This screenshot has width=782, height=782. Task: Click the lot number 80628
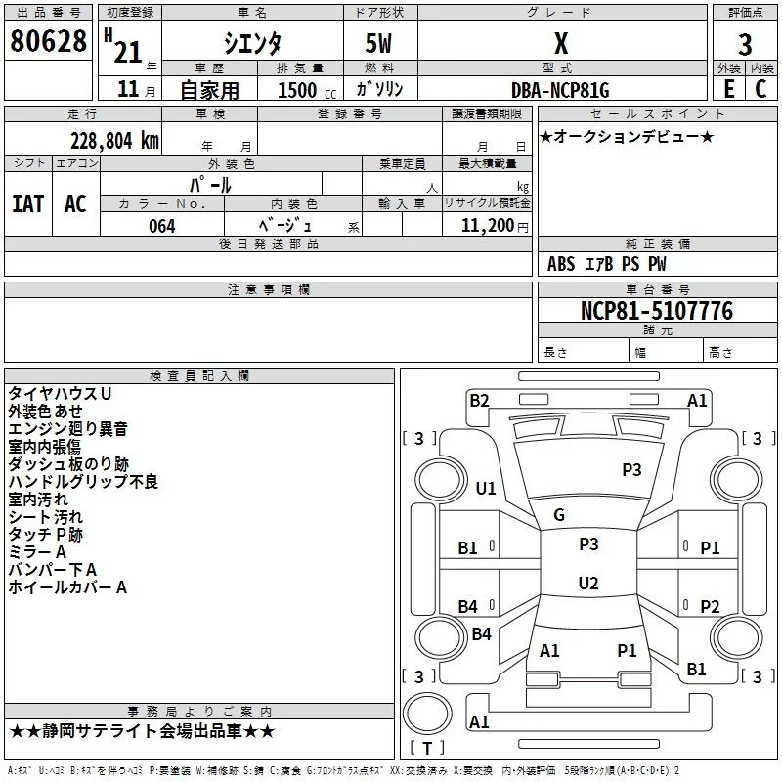point(48,43)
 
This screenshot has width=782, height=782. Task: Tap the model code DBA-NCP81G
point(560,90)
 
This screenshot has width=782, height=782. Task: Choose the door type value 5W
point(379,44)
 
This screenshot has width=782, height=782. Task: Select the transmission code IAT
point(27,203)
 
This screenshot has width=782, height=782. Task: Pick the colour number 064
point(161,226)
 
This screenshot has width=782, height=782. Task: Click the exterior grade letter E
point(728,89)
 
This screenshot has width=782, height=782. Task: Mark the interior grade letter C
point(760,89)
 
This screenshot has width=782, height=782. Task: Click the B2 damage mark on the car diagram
point(479,400)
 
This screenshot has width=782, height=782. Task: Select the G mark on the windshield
point(559,515)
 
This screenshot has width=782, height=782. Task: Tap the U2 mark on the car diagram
point(587,584)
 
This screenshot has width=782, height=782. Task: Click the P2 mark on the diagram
point(710,606)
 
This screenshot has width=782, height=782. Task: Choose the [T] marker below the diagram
point(426,749)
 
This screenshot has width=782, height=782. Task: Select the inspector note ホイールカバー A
point(67,587)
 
